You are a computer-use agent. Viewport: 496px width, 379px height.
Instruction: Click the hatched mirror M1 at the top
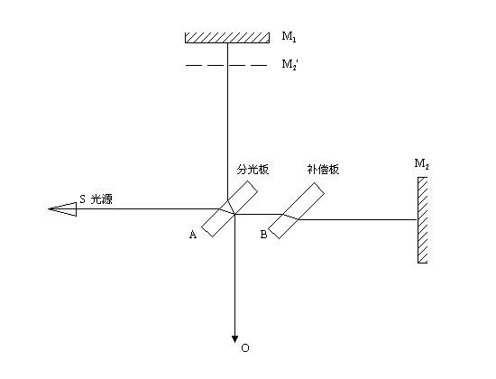pyautogui.click(x=227, y=38)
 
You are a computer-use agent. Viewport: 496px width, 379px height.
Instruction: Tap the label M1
pyautogui.click(x=289, y=37)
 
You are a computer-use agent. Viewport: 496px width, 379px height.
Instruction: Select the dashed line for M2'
pyautogui.click(x=226, y=65)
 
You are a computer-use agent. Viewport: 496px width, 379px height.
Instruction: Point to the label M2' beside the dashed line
pyautogui.click(x=289, y=65)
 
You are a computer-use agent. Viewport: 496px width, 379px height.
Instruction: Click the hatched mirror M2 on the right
pyautogui.click(x=423, y=220)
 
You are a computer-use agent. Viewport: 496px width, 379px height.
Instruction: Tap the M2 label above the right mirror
pyautogui.click(x=421, y=163)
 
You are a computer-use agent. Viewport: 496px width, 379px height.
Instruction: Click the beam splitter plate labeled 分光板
pyautogui.click(x=229, y=208)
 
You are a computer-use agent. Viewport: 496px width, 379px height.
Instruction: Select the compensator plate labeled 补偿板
pyautogui.click(x=296, y=210)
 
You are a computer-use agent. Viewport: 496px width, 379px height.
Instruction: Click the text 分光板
pyautogui.click(x=253, y=170)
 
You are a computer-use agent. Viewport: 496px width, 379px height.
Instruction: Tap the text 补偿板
pyautogui.click(x=323, y=170)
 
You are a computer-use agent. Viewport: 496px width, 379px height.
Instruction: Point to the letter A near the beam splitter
pyautogui.click(x=193, y=235)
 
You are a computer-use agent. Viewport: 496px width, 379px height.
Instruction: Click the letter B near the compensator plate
pyautogui.click(x=263, y=235)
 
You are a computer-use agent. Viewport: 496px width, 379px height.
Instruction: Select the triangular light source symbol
pyautogui.click(x=62, y=209)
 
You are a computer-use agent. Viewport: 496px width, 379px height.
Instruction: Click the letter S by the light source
pyautogui.click(x=82, y=199)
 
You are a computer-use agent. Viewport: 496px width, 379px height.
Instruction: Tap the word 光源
pyautogui.click(x=102, y=199)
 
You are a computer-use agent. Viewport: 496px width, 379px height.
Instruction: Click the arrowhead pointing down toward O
pyautogui.click(x=234, y=339)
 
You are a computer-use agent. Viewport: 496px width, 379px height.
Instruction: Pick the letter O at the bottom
pyautogui.click(x=245, y=348)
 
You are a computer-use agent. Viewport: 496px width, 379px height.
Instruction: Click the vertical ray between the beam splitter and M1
pyautogui.click(x=227, y=122)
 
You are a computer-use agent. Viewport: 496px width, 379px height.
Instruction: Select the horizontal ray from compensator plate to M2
pyautogui.click(x=357, y=219)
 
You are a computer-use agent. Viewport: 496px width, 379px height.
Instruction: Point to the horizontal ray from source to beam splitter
pyautogui.click(x=148, y=209)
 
